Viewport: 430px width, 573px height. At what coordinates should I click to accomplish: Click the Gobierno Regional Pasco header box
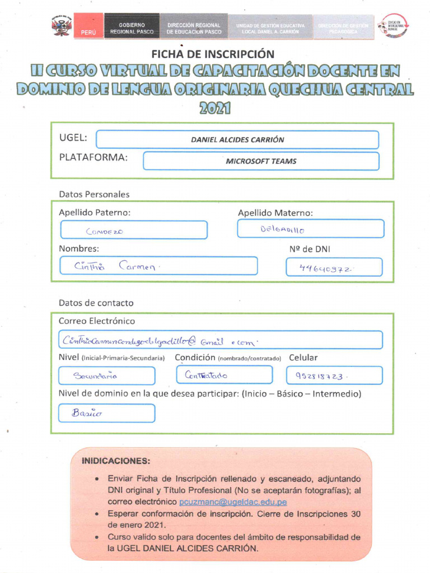tap(132, 28)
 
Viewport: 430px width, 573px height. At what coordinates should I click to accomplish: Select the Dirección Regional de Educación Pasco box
tap(194, 28)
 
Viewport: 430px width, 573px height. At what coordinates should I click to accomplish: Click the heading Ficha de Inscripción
tap(213, 54)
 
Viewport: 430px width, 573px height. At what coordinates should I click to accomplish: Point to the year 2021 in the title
tap(215, 107)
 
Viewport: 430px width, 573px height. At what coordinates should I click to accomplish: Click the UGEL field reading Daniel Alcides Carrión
tap(237, 140)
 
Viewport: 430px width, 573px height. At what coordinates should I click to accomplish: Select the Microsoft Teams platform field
tap(261, 161)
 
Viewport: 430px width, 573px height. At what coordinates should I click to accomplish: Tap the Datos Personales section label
tap(94, 194)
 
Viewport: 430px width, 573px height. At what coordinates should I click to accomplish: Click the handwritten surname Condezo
tap(105, 231)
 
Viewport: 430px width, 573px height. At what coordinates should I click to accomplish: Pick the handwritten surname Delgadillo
tap(282, 229)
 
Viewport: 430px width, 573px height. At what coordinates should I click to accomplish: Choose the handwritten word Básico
tap(87, 414)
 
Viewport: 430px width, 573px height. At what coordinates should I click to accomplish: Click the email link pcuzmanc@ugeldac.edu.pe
tap(232, 502)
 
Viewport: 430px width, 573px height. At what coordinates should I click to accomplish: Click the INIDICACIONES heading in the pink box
tap(116, 462)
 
